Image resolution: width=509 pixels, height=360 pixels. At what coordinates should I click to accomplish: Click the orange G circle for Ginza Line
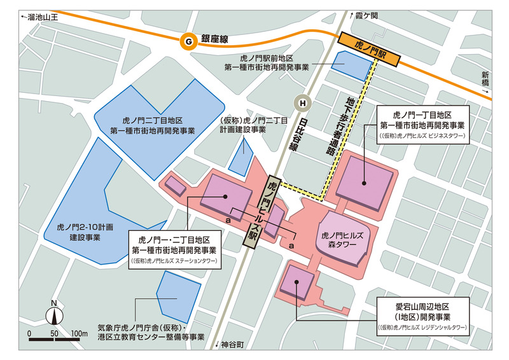[188, 41]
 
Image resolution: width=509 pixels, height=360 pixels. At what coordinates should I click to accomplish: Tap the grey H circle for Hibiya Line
[303, 102]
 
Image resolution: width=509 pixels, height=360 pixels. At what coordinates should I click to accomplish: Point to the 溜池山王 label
[39, 18]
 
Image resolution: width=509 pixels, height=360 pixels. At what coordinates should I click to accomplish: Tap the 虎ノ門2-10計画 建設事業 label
[85, 231]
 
